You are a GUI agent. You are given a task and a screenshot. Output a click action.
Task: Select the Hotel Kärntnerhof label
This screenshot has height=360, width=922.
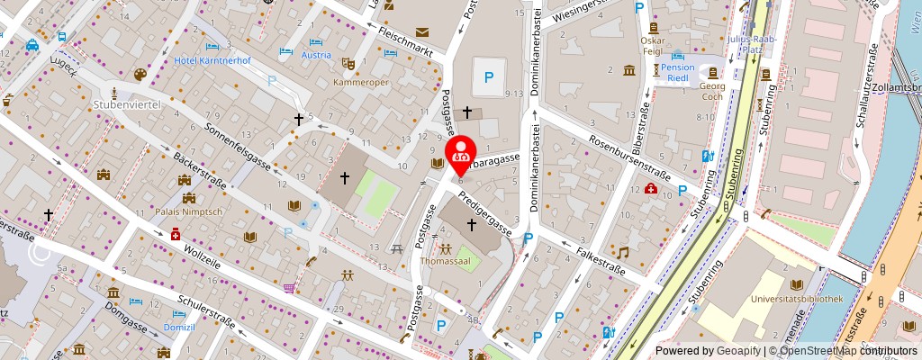(212, 60)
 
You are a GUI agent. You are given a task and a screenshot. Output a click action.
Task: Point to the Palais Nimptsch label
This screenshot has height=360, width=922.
(189, 213)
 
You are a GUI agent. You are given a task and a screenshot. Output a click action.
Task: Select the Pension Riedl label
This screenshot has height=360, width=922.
(677, 73)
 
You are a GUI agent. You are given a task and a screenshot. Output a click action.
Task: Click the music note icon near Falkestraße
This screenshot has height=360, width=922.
(622, 253)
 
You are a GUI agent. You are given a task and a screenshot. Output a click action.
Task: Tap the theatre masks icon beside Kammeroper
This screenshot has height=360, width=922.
(348, 64)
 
